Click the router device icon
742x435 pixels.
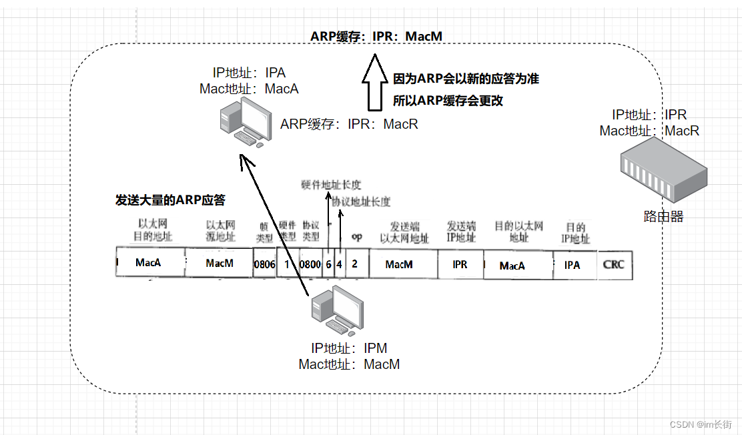[663, 174]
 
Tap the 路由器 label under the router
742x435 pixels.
[663, 216]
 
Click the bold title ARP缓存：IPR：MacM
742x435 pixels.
[376, 36]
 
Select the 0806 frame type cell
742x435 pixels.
[264, 264]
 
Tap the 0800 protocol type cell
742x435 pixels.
[310, 264]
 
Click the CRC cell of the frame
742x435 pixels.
[613, 264]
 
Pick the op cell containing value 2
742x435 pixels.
[355, 264]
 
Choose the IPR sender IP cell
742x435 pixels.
[460, 264]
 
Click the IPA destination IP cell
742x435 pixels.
[572, 265]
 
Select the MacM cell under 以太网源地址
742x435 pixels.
[220, 264]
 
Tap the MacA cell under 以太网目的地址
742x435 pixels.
[148, 263]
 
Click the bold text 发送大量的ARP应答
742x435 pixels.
[171, 200]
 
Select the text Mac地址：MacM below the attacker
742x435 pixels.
[349, 364]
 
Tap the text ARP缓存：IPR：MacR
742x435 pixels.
[349, 124]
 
